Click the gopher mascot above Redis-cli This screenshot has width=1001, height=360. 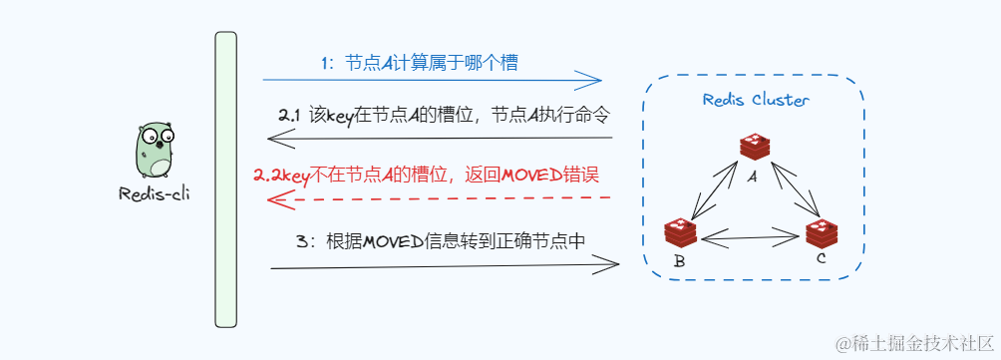pos(155,151)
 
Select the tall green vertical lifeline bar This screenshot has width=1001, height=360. pos(226,180)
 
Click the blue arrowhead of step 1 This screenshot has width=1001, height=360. pos(594,80)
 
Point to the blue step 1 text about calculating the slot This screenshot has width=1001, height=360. pos(419,63)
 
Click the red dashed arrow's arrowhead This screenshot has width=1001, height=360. pos(279,199)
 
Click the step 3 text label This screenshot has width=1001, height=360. pos(440,241)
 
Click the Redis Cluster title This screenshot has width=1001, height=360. pos(756,100)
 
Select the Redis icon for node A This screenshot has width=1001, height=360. pos(755,147)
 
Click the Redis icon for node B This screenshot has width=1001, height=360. pos(680,232)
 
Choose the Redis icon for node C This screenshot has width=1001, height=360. pos(822,233)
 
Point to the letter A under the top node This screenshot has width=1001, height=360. pos(754,176)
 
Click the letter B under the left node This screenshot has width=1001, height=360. pos(679,262)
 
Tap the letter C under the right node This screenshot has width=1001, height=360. pos(821,260)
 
